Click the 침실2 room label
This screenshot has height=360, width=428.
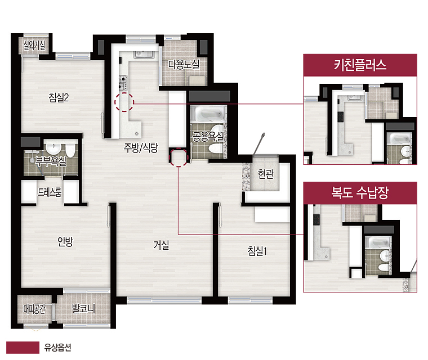click(59, 97)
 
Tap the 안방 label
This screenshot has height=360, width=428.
click(65, 242)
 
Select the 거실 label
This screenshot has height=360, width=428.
click(161, 245)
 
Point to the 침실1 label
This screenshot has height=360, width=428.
click(257, 251)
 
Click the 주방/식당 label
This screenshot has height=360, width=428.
click(141, 147)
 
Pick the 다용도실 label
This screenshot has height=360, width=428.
click(184, 64)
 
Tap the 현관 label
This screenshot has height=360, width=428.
click(266, 173)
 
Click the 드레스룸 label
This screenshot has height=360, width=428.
click(50, 192)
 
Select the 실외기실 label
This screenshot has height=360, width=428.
click(34, 45)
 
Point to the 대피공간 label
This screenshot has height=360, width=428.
click(34, 309)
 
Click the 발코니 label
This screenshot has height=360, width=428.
click(83, 309)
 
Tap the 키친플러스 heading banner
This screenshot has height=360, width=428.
click(360, 65)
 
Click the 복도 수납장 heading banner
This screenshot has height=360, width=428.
click(360, 193)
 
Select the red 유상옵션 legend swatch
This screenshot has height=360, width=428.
click(23, 348)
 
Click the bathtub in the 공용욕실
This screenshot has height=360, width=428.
click(208, 114)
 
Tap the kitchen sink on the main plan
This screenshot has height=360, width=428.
click(144, 55)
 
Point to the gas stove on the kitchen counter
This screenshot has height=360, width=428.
click(123, 83)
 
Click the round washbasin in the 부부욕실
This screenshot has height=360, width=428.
click(53, 148)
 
